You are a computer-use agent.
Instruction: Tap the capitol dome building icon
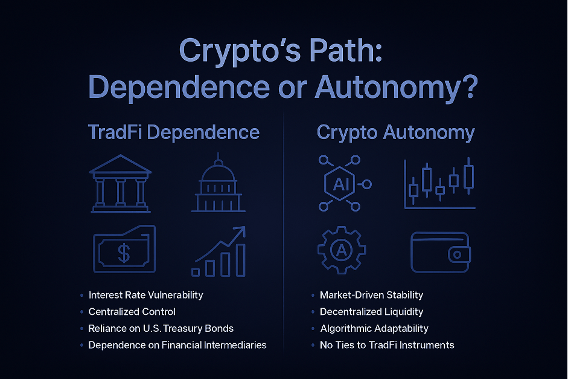click(x=217, y=186)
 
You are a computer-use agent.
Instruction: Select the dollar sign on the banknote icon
click(x=124, y=253)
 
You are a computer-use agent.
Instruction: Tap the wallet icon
click(x=439, y=252)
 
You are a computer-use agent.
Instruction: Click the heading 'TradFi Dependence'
click(x=173, y=132)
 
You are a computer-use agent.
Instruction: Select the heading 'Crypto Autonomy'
click(x=395, y=132)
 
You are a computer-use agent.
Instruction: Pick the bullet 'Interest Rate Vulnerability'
click(x=145, y=295)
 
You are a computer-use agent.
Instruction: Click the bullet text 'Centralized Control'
click(x=132, y=312)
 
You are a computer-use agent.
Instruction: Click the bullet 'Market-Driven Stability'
click(x=371, y=295)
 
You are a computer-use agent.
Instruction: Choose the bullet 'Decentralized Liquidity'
click(x=371, y=312)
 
